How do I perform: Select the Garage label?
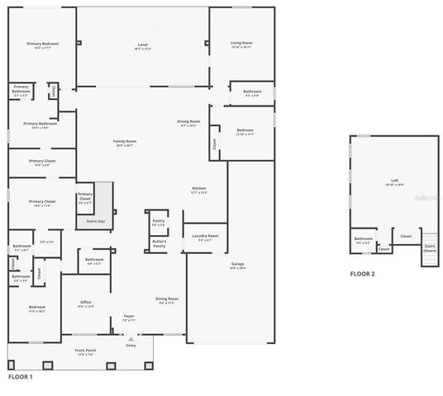[237, 264]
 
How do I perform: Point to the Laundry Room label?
[205, 236]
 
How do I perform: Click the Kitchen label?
[198, 189]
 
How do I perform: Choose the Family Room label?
[124, 142]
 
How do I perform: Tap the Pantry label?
[159, 222]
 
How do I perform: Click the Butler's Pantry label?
[159, 243]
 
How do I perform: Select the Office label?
[85, 302]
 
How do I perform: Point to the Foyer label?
[129, 316]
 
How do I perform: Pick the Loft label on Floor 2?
[393, 181]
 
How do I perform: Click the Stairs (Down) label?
[429, 247]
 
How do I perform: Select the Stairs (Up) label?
[95, 221]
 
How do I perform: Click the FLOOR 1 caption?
[20, 376]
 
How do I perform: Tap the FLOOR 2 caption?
[362, 273]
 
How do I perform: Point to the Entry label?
[130, 345]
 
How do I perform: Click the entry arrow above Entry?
[130, 337]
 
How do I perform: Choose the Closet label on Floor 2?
[406, 236]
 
